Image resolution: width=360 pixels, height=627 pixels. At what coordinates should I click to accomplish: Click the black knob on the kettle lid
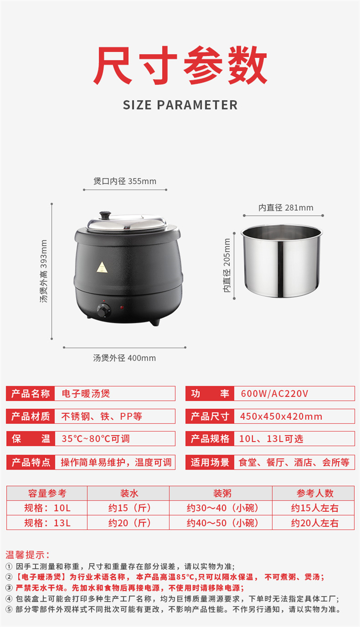click(105, 215)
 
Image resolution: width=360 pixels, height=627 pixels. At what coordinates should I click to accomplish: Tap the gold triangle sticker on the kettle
click(102, 267)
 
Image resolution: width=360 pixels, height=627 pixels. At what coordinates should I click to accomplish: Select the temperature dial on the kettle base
click(104, 311)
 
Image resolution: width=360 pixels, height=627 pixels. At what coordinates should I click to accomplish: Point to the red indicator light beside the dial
click(122, 307)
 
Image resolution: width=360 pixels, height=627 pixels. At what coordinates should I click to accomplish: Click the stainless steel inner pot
click(282, 260)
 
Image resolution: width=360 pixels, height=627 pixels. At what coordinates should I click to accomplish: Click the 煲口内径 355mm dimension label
click(125, 181)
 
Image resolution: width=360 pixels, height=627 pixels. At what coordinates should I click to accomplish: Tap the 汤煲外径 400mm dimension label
click(125, 358)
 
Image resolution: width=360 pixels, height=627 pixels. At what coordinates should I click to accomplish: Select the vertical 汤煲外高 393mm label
click(44, 271)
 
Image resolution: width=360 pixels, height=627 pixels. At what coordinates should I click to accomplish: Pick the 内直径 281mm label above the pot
click(286, 208)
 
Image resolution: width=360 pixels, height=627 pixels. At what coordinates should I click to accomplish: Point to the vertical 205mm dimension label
click(227, 265)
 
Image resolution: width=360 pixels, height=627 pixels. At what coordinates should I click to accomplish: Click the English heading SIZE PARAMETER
click(180, 105)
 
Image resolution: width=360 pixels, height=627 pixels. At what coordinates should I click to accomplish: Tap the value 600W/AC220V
click(275, 394)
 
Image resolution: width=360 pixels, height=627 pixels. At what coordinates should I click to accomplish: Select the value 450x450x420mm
click(281, 416)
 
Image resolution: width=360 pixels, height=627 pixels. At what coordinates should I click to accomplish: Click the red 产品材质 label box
click(31, 416)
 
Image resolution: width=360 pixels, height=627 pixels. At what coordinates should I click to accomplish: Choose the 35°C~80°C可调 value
click(96, 439)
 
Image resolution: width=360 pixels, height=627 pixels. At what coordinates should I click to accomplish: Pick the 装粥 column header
click(222, 493)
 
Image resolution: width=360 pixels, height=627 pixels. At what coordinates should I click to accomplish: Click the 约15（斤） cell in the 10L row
click(130, 508)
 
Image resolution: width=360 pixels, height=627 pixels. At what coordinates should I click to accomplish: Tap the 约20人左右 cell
click(315, 523)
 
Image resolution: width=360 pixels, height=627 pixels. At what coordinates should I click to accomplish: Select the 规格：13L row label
click(48, 523)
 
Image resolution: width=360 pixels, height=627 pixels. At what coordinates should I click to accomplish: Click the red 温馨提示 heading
click(27, 555)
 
